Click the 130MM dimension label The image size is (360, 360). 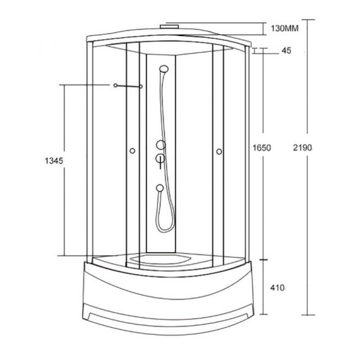[285, 28]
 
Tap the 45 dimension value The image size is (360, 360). [286, 51]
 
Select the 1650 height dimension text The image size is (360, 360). [261, 148]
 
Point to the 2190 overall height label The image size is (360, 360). [303, 148]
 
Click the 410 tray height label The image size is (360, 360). [277, 287]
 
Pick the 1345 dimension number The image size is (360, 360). [54, 160]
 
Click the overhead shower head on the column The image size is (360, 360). [164, 69]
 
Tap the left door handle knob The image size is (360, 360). [132, 151]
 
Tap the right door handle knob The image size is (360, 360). [219, 152]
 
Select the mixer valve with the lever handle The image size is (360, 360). [160, 159]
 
